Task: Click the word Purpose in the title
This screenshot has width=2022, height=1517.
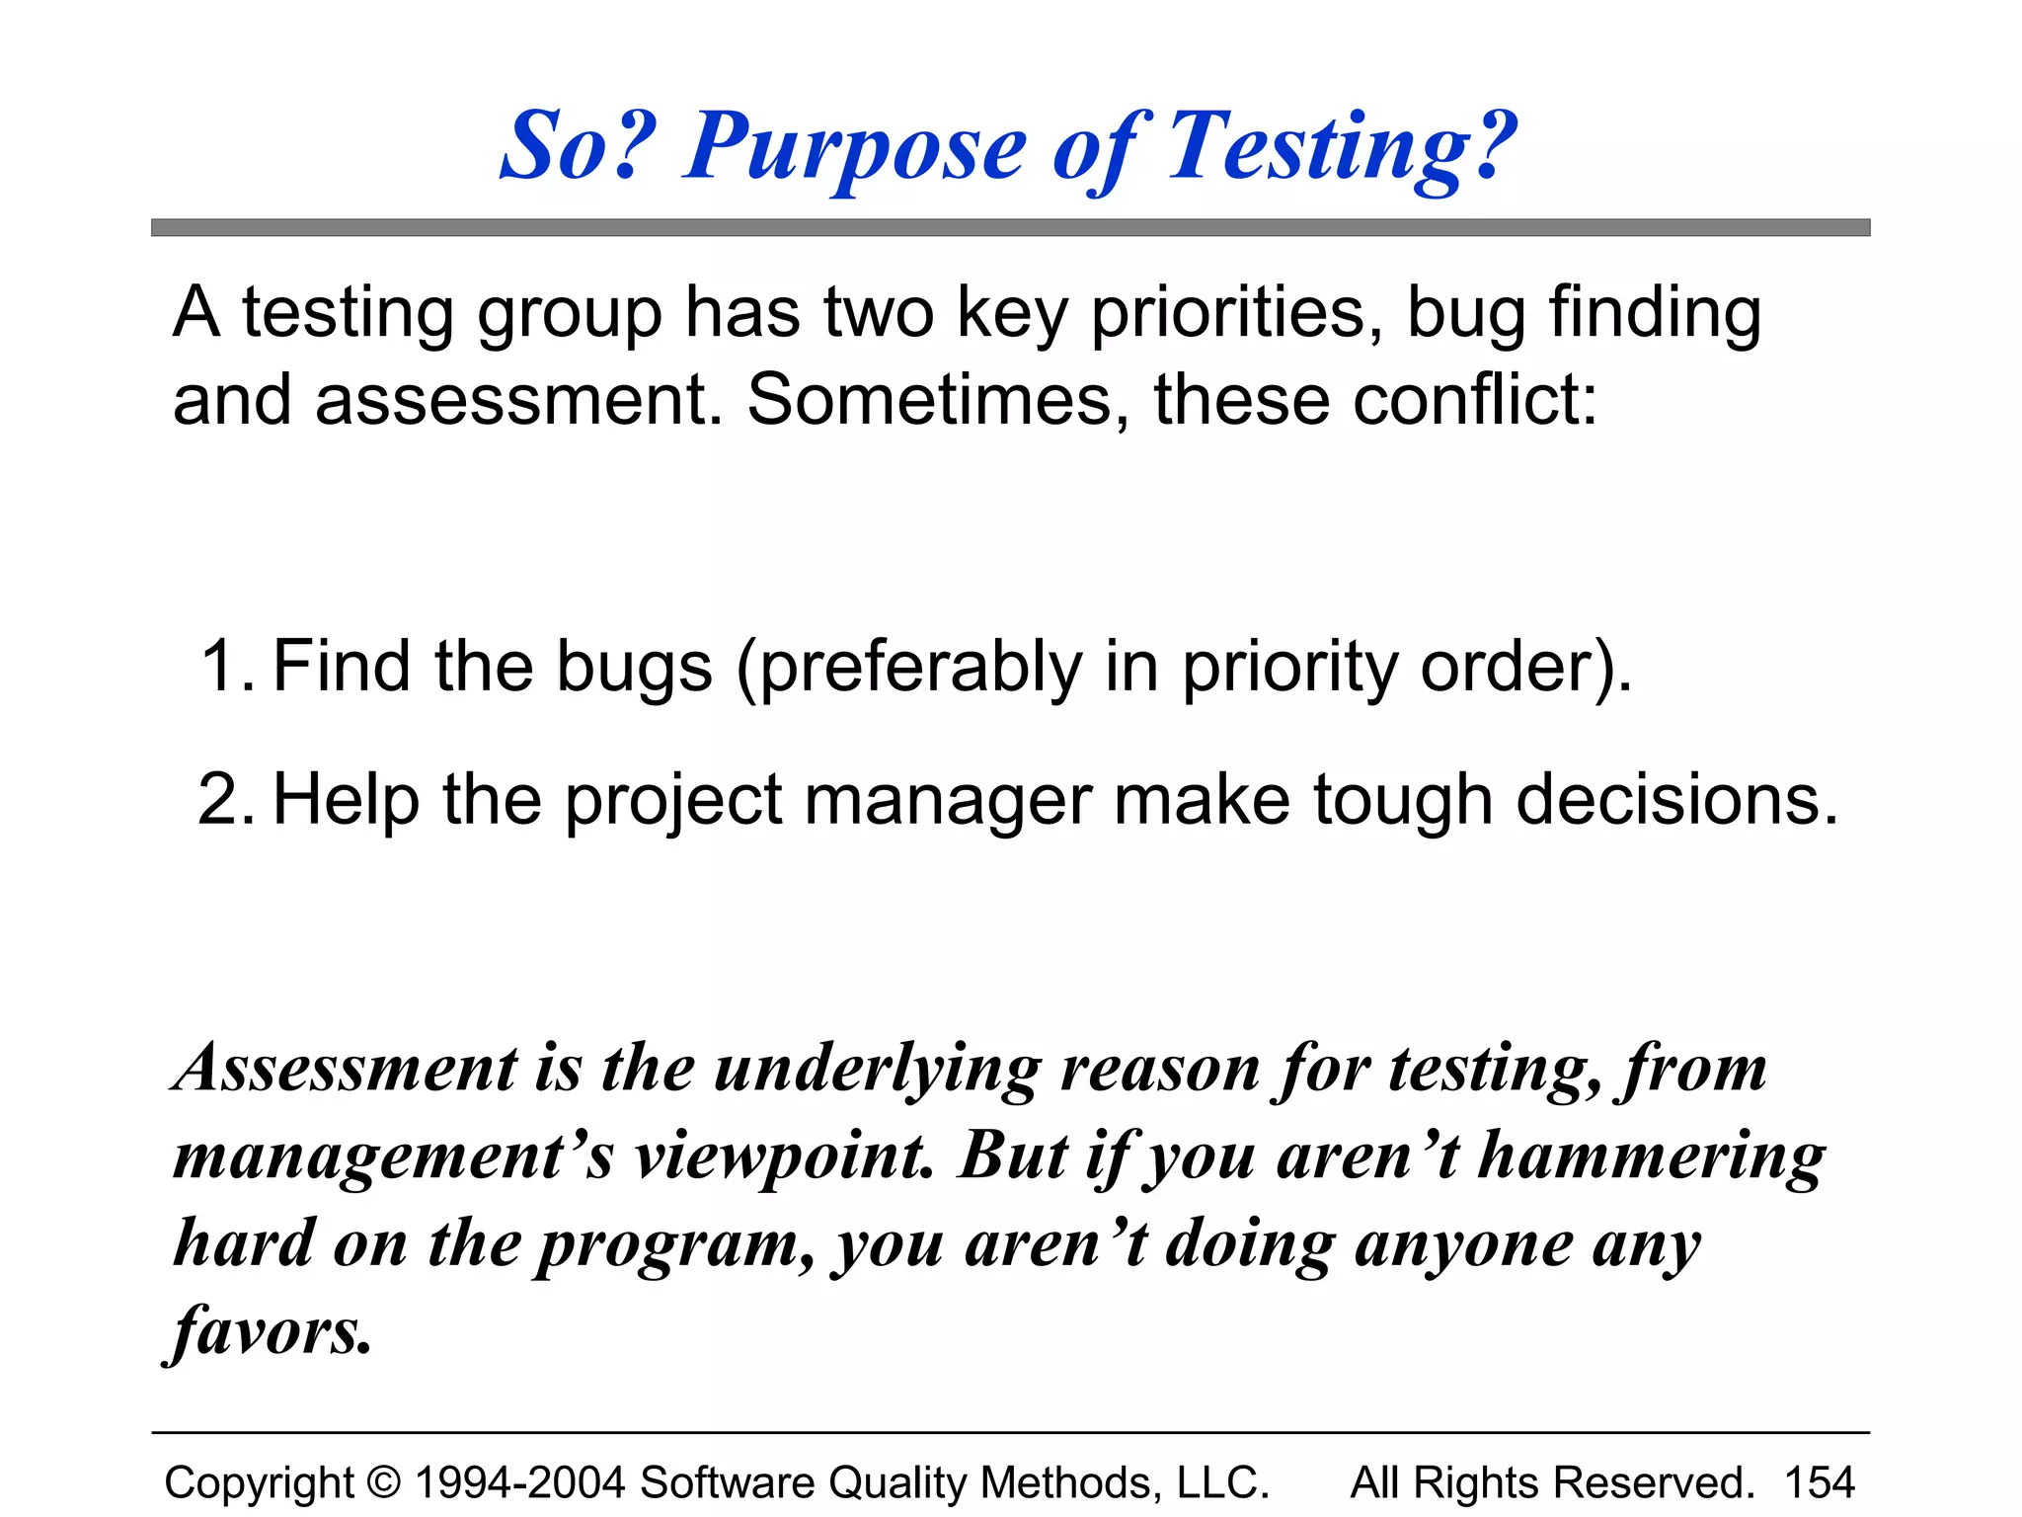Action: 855,148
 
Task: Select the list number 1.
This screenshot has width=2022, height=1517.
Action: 225,666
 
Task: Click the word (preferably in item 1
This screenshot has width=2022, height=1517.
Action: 908,668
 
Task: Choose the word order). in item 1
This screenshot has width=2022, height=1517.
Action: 1526,668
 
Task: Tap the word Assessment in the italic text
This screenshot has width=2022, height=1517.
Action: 345,1069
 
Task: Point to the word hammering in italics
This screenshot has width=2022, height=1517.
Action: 1651,1158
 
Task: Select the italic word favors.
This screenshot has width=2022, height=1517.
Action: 269,1331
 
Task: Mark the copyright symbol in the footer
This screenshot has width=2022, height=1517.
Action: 384,1482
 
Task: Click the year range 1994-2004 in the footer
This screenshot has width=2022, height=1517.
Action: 519,1482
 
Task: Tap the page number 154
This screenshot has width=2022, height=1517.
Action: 1820,1482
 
